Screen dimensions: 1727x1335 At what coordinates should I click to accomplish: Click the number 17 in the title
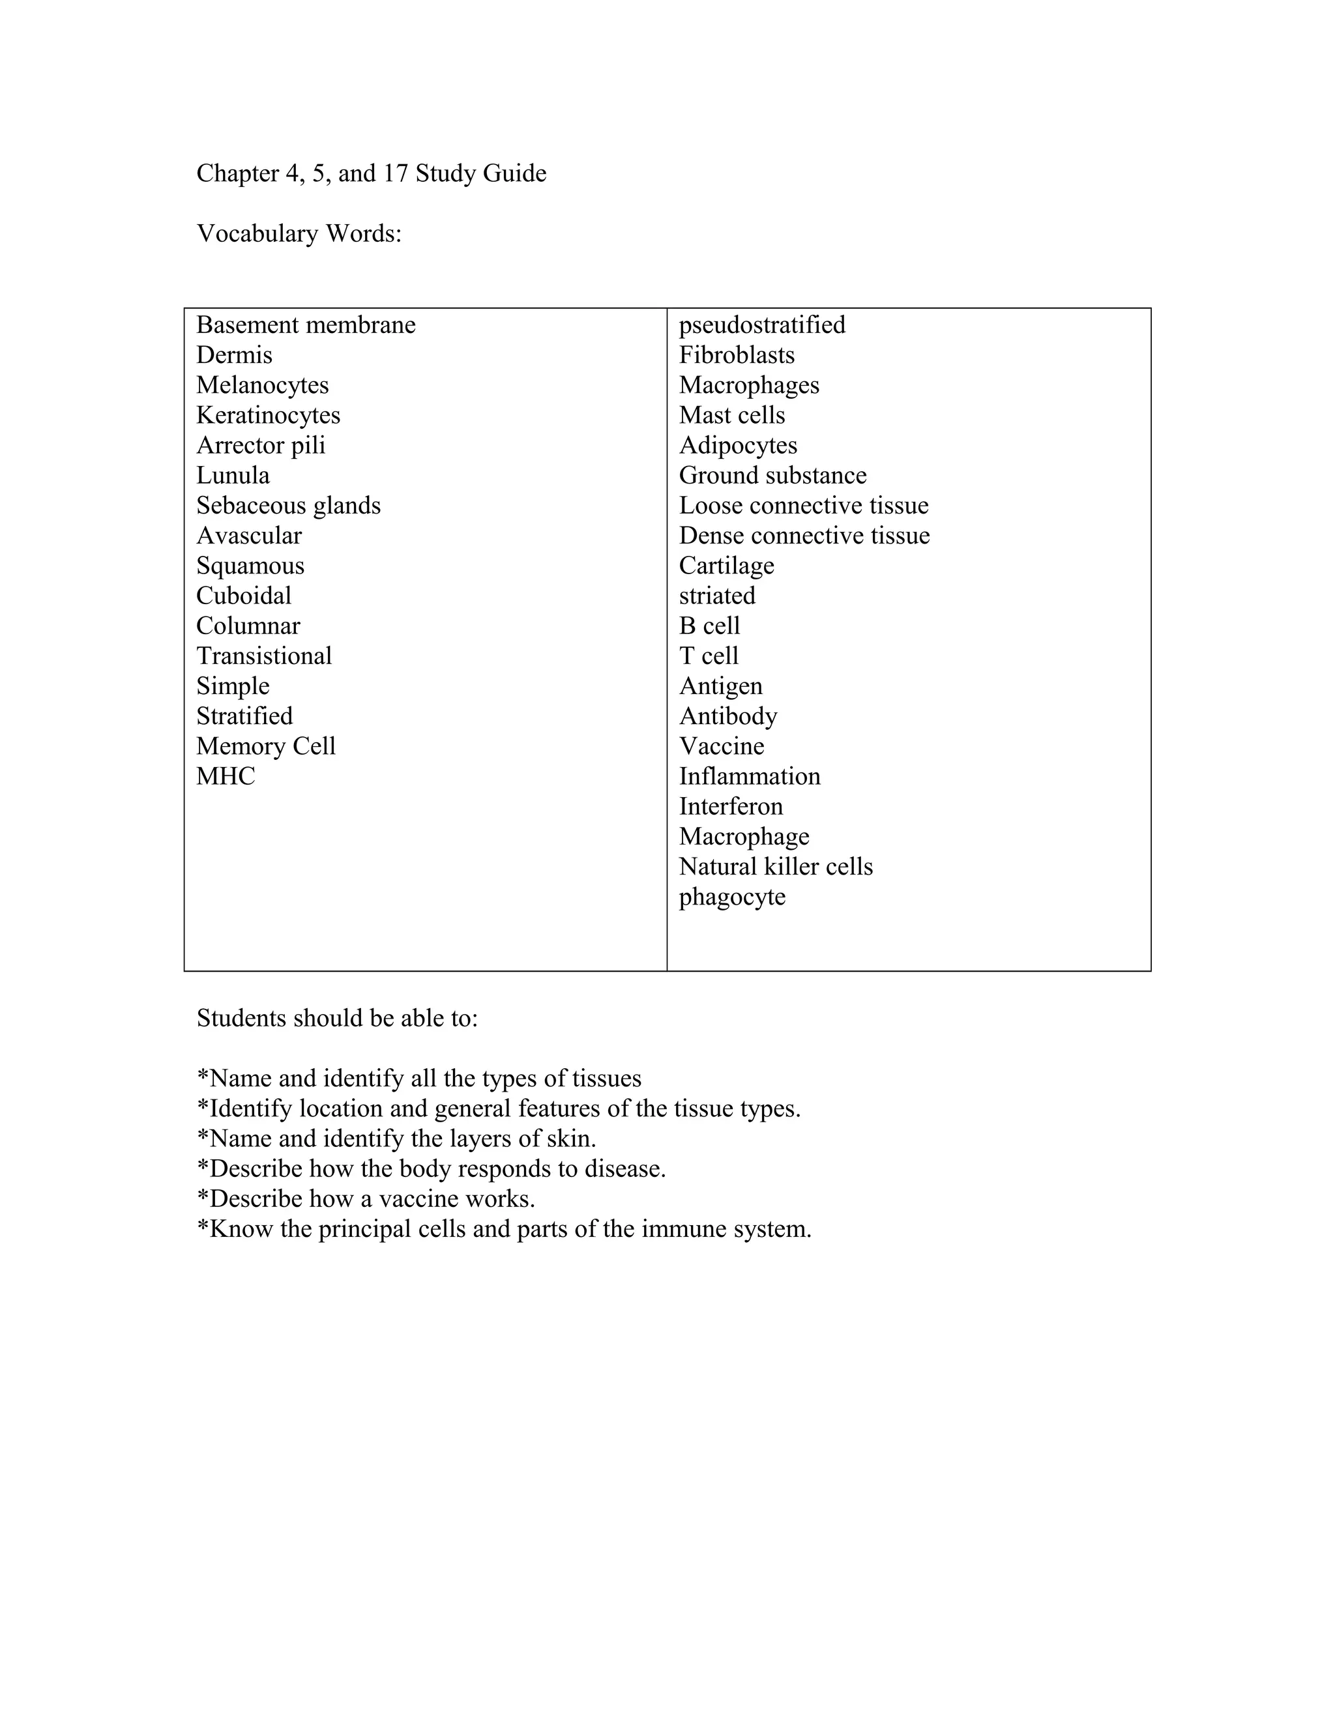click(396, 173)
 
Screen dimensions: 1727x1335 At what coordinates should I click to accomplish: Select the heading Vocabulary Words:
click(299, 233)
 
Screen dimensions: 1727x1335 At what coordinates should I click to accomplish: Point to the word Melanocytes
click(262, 385)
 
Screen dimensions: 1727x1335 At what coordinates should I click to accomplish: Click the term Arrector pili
click(260, 445)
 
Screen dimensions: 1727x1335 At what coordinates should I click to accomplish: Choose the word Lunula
click(233, 475)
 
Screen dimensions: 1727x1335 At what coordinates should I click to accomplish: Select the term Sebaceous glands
click(288, 505)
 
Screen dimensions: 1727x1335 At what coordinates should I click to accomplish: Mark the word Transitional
click(263, 656)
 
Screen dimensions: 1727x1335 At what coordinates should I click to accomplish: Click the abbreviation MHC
click(226, 776)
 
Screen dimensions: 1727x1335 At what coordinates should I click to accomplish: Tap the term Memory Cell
click(266, 746)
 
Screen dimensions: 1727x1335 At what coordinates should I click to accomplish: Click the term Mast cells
click(731, 415)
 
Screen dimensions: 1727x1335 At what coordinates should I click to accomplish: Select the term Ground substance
click(772, 475)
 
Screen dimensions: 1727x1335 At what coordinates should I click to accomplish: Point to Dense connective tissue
click(804, 535)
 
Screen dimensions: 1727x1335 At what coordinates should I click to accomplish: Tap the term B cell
click(709, 626)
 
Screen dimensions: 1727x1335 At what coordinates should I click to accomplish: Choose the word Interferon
click(730, 805)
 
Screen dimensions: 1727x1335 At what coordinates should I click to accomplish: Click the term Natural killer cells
click(775, 866)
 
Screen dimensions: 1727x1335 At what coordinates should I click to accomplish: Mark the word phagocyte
click(731, 897)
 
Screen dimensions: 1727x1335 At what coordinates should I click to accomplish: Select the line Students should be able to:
click(337, 1018)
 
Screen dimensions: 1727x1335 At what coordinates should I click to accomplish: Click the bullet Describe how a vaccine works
click(366, 1198)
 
